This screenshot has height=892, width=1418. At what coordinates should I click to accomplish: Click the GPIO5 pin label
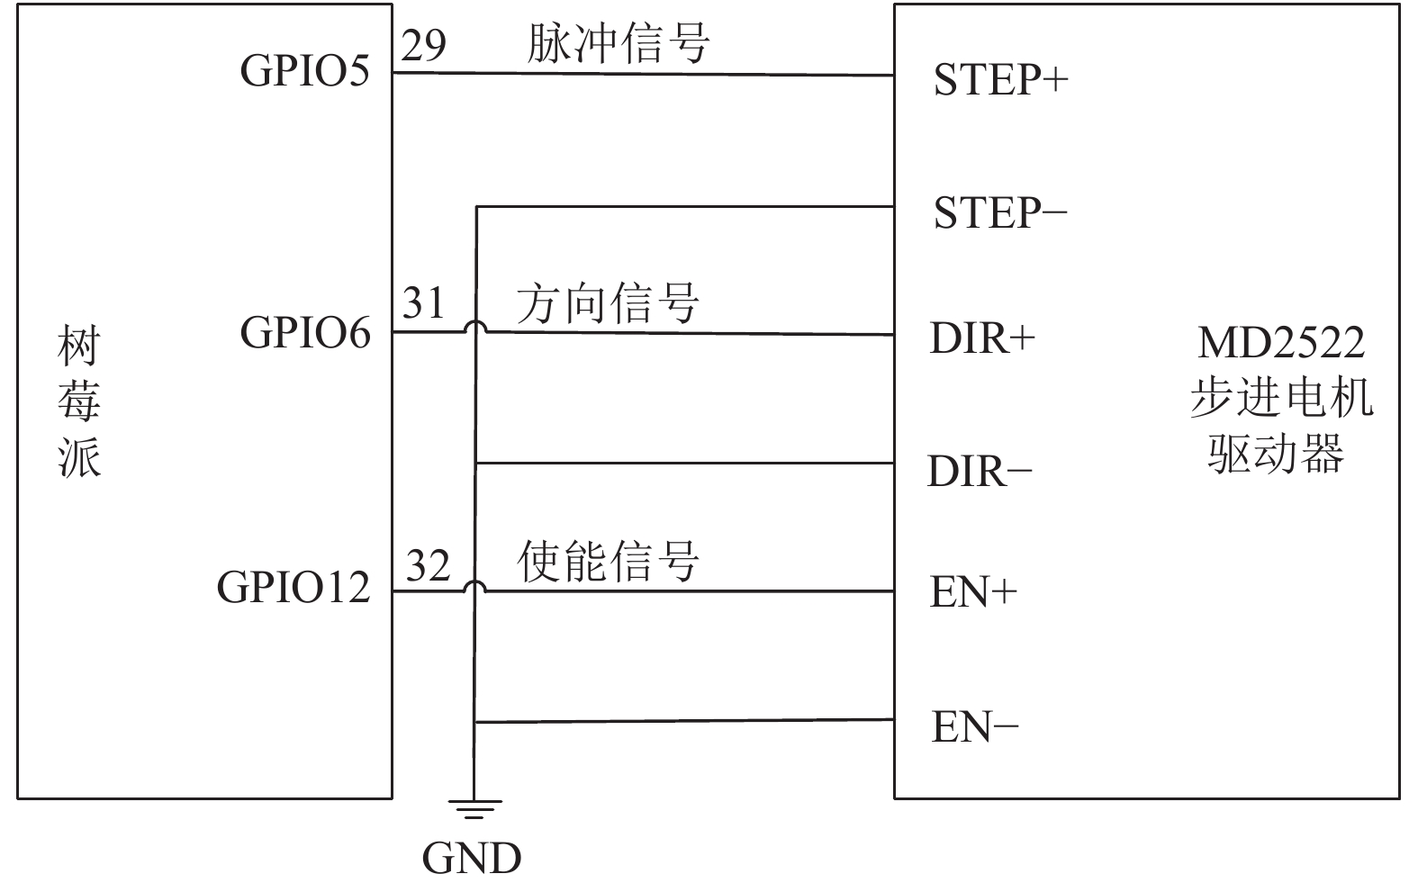(x=304, y=69)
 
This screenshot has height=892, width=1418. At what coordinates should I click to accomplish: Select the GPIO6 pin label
(x=305, y=332)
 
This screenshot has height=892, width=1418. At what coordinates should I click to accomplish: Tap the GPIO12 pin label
(x=294, y=587)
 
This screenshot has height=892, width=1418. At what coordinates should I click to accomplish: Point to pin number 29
(x=423, y=45)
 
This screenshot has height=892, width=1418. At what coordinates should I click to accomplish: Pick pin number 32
(x=428, y=564)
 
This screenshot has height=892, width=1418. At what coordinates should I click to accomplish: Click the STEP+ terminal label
(x=1001, y=80)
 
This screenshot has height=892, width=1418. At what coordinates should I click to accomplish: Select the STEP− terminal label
(x=1000, y=212)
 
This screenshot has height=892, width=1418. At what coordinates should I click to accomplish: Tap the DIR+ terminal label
(x=982, y=338)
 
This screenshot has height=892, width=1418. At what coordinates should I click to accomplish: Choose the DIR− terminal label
(x=980, y=471)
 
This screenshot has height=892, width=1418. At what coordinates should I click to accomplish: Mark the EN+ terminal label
(x=973, y=592)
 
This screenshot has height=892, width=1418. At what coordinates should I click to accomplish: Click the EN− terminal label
(x=975, y=726)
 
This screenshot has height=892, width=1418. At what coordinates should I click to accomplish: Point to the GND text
(x=472, y=859)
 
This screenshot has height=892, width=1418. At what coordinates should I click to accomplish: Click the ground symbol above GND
(x=474, y=809)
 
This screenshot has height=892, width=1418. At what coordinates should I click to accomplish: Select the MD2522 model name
(x=1281, y=343)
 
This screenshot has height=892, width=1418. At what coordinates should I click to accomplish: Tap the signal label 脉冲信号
(x=618, y=43)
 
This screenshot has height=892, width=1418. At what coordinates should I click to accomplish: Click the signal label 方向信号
(x=608, y=303)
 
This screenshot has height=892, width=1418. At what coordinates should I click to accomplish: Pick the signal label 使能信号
(x=608, y=561)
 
